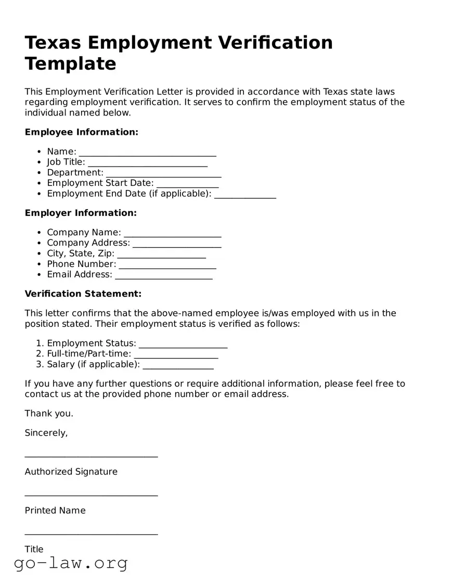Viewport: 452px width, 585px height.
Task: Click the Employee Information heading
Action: coord(82,132)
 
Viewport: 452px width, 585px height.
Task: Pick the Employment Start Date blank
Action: coord(187,185)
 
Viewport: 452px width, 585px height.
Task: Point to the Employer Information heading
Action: coord(81,213)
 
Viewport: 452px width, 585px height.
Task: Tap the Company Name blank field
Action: coord(172,234)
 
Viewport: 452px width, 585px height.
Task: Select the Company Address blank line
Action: coord(177,245)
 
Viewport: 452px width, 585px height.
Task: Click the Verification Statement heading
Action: coord(83,294)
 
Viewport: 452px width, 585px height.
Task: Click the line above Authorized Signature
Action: coord(91,456)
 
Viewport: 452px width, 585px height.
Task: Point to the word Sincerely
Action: coord(46,433)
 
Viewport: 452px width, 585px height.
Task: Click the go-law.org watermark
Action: coord(71,563)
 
